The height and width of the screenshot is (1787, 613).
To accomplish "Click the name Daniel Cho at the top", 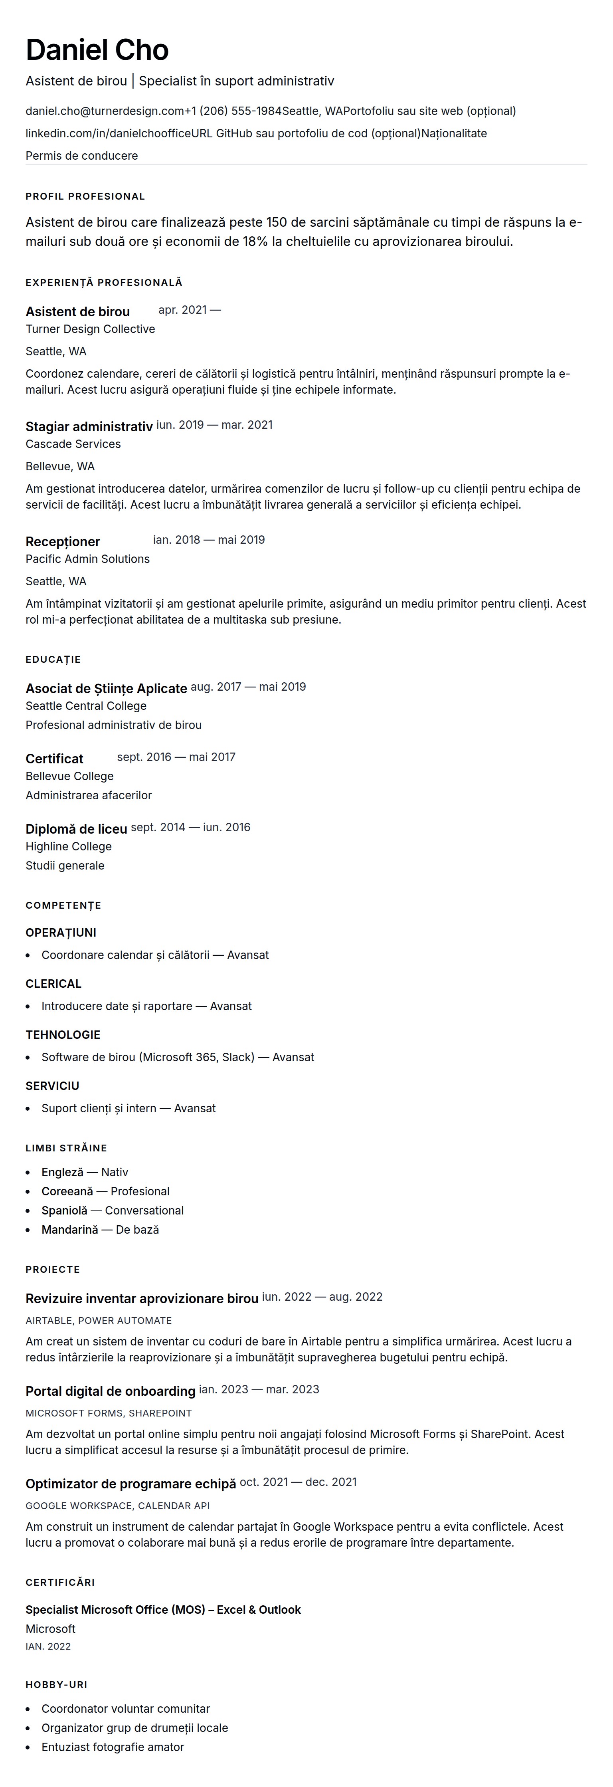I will pos(97,50).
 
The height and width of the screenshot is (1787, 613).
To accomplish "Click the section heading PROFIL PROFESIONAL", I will pos(85,196).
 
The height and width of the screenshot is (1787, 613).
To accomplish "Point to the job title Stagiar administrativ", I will pos(89,427).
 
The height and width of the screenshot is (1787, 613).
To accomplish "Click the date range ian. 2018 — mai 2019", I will pos(209,540).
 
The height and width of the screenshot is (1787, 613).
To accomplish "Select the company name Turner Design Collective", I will pos(90,329).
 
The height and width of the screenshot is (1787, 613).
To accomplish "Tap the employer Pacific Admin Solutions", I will pos(87,559).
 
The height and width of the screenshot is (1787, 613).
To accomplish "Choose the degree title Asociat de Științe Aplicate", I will pos(106,689).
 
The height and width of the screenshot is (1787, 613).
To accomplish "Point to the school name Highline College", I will pos(69,846).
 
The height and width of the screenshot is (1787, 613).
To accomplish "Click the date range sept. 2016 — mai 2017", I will pos(176,757).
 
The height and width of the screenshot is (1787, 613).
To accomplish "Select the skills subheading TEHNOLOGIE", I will pos(63,1035).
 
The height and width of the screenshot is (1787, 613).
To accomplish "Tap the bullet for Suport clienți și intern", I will pos(128,1109).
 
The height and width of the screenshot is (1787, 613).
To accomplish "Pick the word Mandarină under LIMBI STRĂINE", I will pos(70,1229).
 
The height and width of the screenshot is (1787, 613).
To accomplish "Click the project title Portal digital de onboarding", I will pos(110,1392).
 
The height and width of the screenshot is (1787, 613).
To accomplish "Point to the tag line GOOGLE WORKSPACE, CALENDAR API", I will pos(117,1506).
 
